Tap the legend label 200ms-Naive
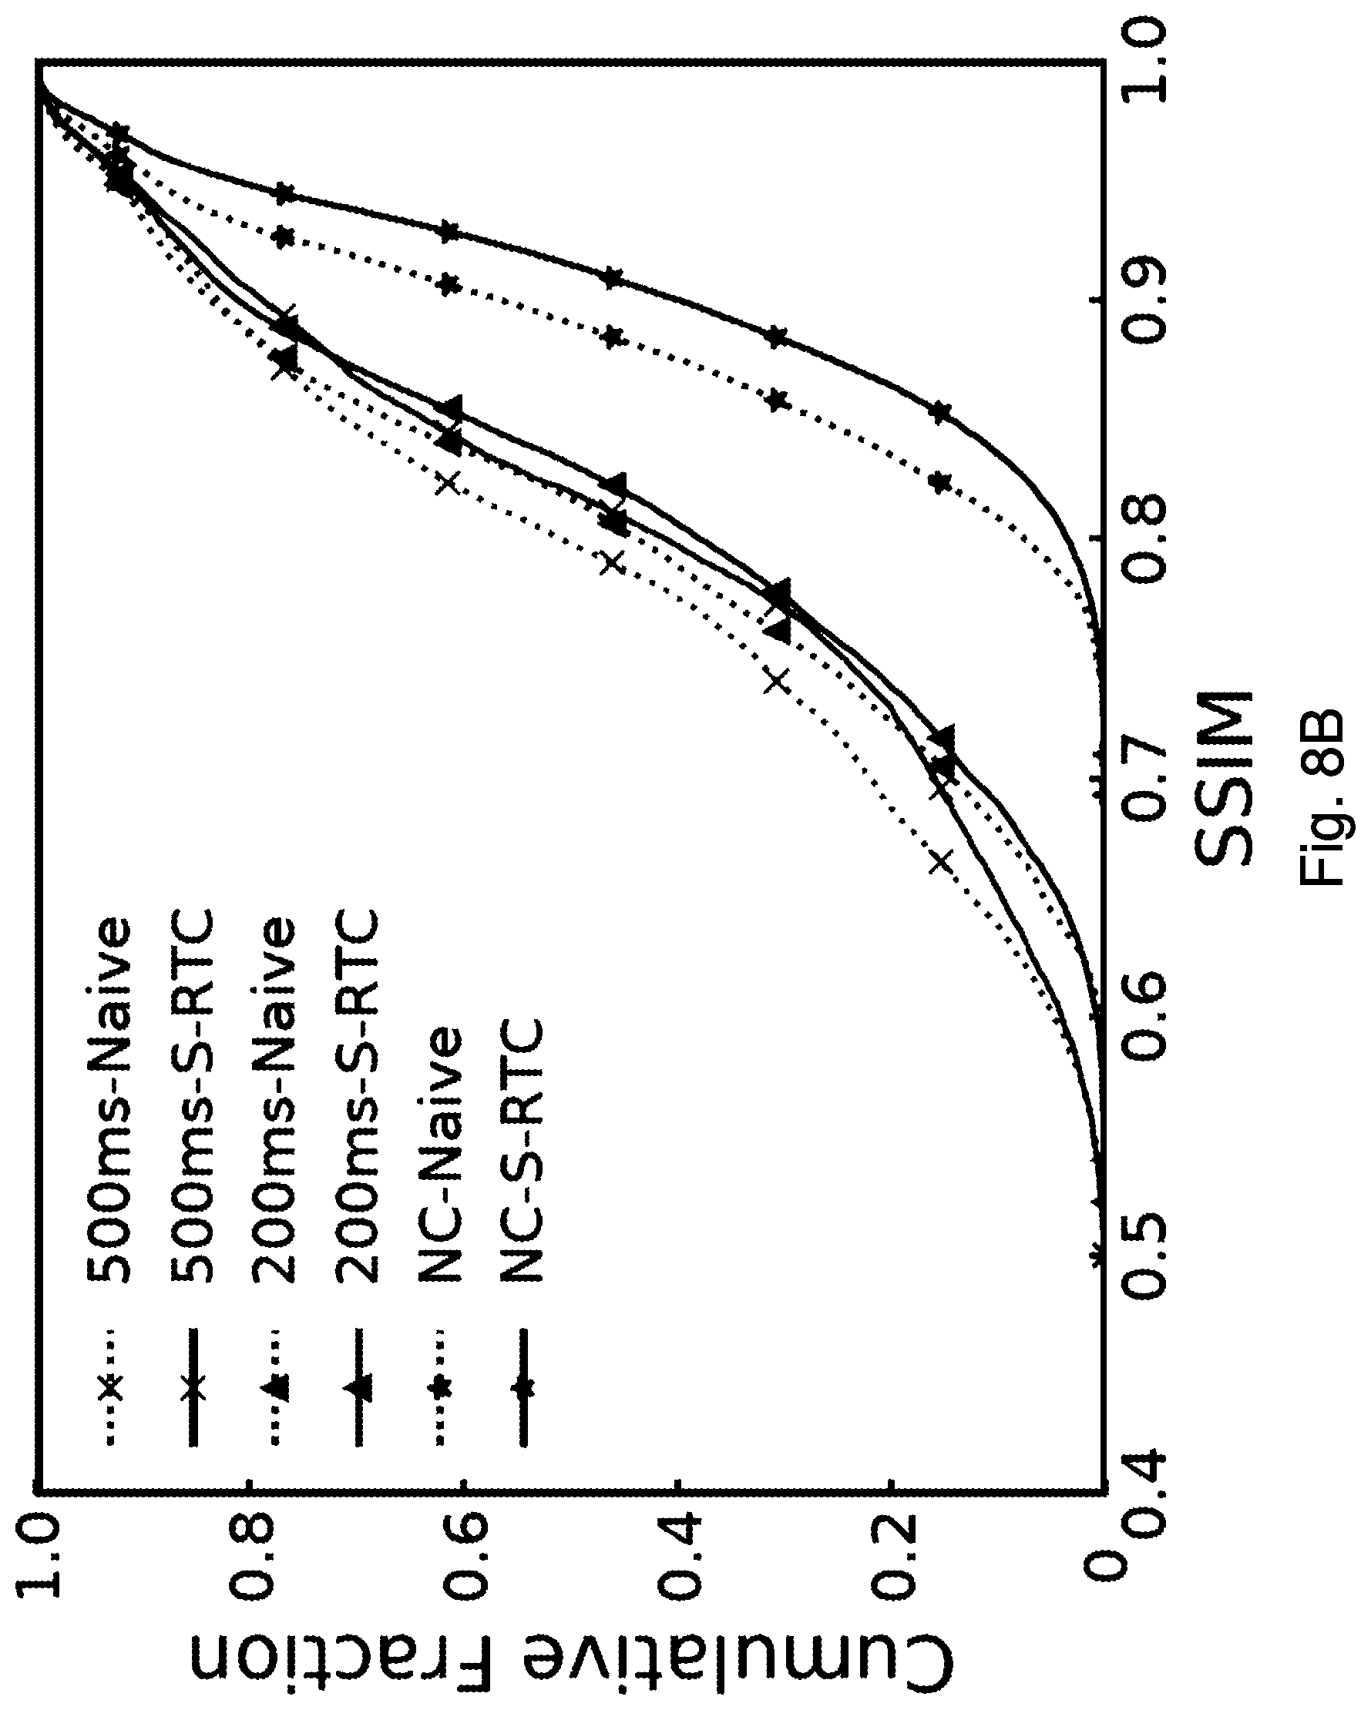pos(274,1111)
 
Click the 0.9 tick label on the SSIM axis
pos(1142,301)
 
